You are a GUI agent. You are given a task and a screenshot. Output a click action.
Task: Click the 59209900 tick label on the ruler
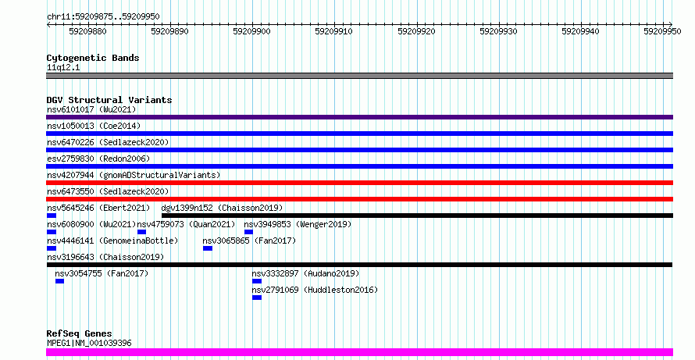(x=251, y=31)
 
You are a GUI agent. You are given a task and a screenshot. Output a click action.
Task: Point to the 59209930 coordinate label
(x=499, y=31)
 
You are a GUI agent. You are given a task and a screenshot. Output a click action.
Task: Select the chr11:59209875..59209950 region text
(x=103, y=17)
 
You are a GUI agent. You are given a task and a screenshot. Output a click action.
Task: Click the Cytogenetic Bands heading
(x=93, y=58)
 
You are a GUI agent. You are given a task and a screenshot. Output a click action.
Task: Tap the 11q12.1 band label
(x=63, y=68)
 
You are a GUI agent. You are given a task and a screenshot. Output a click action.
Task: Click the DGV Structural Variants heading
(x=109, y=100)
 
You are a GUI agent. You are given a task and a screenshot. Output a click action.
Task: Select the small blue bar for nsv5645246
(x=52, y=216)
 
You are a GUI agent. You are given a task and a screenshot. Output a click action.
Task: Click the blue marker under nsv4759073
(x=142, y=232)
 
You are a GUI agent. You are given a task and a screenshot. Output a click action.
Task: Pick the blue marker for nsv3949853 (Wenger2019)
(x=248, y=232)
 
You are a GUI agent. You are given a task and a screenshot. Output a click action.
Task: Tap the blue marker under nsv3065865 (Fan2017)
(x=208, y=248)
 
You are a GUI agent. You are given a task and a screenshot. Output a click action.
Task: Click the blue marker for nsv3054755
(x=60, y=281)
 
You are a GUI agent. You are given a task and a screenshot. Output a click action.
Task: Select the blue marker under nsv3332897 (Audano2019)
(x=257, y=281)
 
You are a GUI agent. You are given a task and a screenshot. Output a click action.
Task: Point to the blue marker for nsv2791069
(x=257, y=298)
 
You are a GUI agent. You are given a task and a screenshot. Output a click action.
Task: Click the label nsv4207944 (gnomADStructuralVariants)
(x=134, y=175)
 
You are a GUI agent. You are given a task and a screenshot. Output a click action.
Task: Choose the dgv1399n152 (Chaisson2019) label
(x=222, y=208)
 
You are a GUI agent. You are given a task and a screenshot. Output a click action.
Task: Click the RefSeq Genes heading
(x=80, y=333)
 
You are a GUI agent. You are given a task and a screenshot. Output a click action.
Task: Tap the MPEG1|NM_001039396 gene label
(x=89, y=343)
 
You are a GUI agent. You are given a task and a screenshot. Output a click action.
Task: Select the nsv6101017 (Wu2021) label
(x=91, y=109)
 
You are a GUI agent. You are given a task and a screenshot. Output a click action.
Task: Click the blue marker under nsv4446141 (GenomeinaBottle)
(x=52, y=248)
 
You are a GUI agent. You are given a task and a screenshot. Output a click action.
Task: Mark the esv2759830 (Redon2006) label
(x=98, y=159)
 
